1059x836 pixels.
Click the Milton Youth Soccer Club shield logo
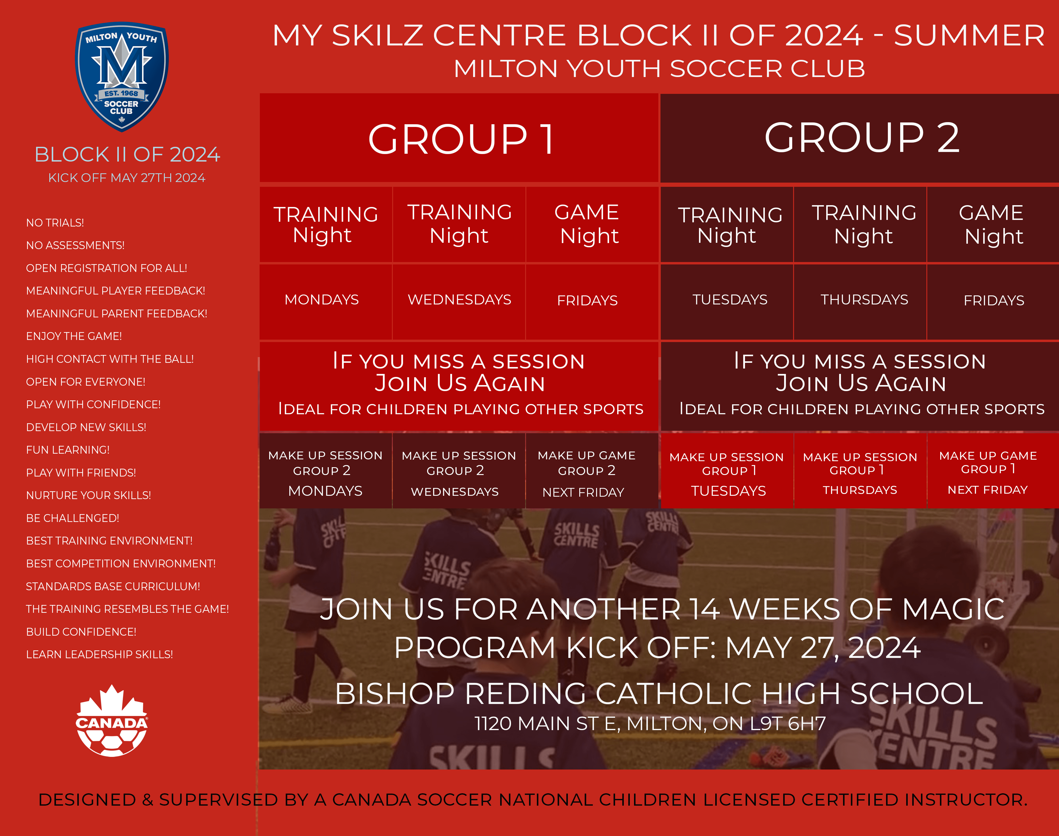click(122, 76)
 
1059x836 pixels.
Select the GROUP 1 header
click(460, 138)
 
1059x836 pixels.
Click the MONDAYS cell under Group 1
click(322, 300)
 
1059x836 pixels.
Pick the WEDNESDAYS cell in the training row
click(459, 300)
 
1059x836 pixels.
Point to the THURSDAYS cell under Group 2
click(864, 300)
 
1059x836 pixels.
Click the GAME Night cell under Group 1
click(589, 224)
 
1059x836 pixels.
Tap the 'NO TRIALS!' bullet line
click(55, 223)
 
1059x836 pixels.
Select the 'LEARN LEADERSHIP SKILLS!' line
click(99, 654)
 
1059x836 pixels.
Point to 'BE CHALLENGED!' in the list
click(72, 518)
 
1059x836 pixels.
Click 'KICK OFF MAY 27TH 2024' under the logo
click(127, 178)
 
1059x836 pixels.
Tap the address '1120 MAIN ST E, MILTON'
click(650, 723)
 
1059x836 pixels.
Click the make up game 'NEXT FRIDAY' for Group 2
click(583, 492)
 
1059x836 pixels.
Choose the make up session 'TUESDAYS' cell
click(728, 490)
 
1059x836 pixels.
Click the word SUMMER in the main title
click(969, 36)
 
